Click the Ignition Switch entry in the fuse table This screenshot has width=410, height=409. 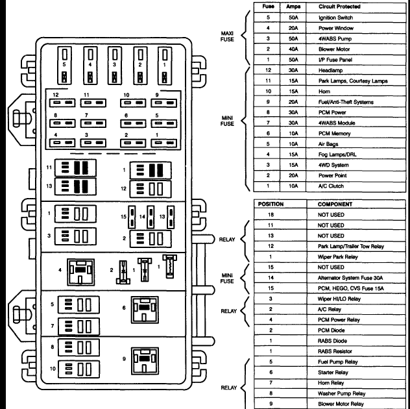(335, 18)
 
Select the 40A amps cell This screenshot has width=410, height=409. (293, 49)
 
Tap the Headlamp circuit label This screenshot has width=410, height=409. (330, 70)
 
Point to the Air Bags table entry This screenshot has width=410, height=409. (328, 144)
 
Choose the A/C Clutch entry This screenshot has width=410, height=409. (331, 186)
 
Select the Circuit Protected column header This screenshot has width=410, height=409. (339, 6)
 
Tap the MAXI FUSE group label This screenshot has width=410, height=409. (227, 36)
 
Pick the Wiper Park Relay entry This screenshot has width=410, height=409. (337, 256)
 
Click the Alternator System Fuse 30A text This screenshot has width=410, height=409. (350, 278)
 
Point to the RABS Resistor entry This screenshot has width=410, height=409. (335, 351)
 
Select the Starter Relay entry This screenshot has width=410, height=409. (333, 372)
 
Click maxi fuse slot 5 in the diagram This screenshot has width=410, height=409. (64, 66)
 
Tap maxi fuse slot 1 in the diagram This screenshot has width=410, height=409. (165, 66)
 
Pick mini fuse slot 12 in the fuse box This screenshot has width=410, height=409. (62, 103)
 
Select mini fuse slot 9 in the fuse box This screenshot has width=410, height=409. (163, 103)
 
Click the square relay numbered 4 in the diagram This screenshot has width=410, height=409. (80, 272)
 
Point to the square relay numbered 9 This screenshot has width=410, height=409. (145, 361)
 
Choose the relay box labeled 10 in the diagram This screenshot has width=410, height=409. (78, 369)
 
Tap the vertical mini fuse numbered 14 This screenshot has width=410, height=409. (151, 217)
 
